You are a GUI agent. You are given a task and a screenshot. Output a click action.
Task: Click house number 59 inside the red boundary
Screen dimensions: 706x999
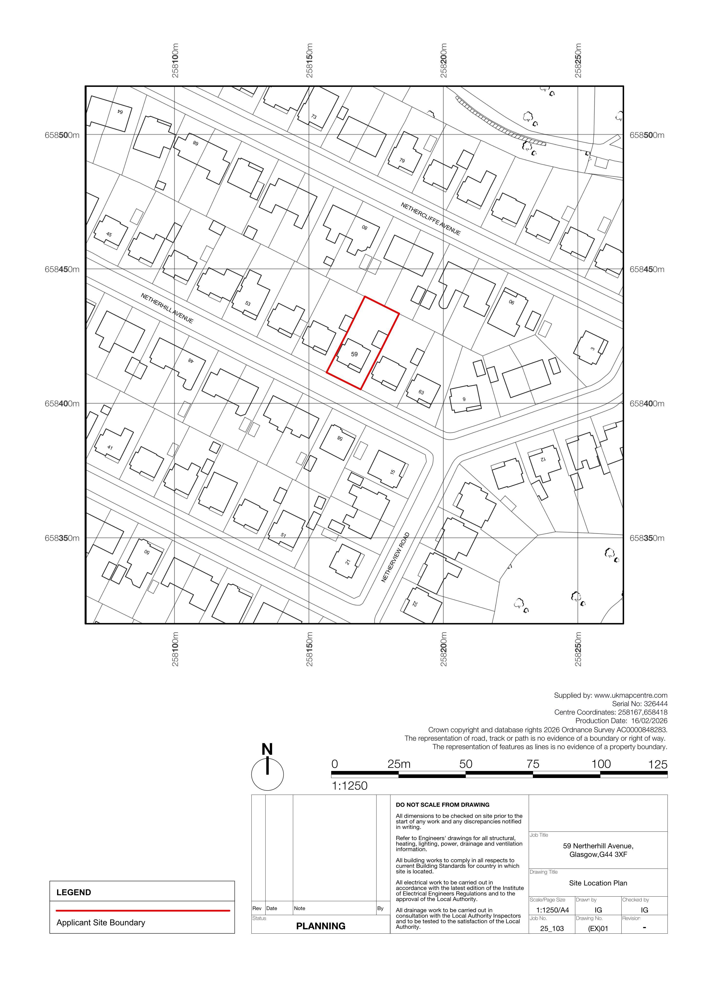[x=354, y=354]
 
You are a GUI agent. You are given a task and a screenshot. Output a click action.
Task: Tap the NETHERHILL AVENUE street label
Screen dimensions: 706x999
[x=167, y=308]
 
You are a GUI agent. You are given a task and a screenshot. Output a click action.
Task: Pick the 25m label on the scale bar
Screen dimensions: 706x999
[x=399, y=764]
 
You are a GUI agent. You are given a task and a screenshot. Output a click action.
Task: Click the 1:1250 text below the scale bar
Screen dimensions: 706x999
[x=350, y=786]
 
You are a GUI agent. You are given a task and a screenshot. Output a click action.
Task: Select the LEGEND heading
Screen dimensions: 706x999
[x=74, y=892]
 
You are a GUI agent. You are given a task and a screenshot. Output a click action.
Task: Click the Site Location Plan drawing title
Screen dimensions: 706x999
[x=598, y=883]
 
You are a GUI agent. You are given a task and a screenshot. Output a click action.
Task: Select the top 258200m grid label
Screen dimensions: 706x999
[x=443, y=60]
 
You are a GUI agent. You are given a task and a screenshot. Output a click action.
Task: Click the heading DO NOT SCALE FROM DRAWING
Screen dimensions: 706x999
[x=442, y=805]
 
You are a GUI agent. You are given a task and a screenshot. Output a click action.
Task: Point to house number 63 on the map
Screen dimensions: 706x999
[x=421, y=392]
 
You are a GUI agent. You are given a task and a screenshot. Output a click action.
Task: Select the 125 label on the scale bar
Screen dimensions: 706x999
[x=658, y=764]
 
